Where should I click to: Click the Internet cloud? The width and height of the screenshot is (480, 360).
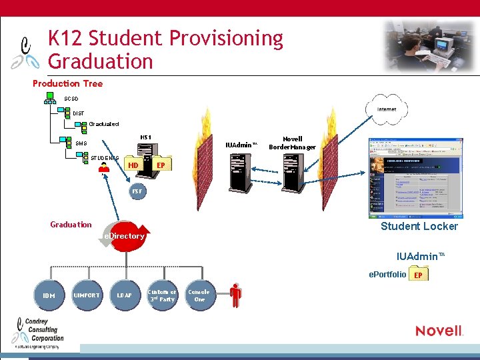(387, 109)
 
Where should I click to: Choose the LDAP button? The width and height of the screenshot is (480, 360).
(125, 295)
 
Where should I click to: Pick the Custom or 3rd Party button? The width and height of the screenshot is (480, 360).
(162, 296)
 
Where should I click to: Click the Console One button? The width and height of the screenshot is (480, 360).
(199, 295)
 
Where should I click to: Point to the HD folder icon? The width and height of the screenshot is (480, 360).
(133, 165)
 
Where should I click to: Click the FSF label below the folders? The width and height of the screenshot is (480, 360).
(137, 191)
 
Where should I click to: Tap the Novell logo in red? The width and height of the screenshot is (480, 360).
(439, 331)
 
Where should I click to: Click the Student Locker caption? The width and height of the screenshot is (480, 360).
(419, 227)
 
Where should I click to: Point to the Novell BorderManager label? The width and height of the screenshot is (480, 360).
(292, 143)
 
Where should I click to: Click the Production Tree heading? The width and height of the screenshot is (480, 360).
(68, 83)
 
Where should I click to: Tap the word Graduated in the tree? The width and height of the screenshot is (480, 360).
(104, 124)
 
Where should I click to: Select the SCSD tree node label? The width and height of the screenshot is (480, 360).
(71, 99)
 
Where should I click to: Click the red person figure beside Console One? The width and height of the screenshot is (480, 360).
(235, 294)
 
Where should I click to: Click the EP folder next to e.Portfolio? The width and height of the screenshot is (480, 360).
(419, 274)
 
